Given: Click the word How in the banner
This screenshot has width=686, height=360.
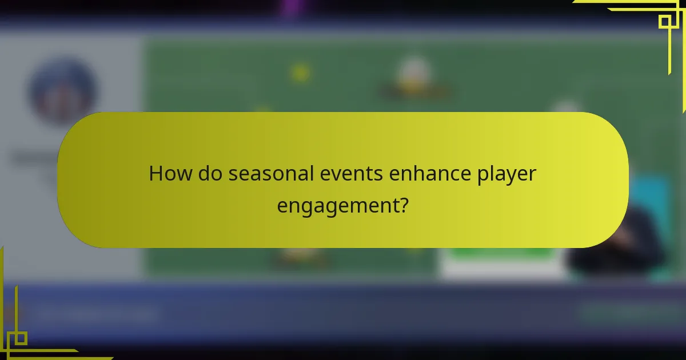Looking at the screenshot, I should pyautogui.click(x=170, y=174).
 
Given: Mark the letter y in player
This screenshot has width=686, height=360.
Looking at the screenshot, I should pyautogui.click(x=516, y=176).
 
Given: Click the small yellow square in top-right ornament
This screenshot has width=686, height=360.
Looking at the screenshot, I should pyautogui.click(x=664, y=22).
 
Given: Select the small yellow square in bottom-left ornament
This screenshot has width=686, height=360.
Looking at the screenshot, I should pyautogui.click(x=20, y=338).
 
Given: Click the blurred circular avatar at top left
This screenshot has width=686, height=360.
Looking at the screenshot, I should pyautogui.click(x=63, y=91).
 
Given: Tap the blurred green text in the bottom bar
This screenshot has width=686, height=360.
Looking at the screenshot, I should pyautogui.click(x=626, y=313).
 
